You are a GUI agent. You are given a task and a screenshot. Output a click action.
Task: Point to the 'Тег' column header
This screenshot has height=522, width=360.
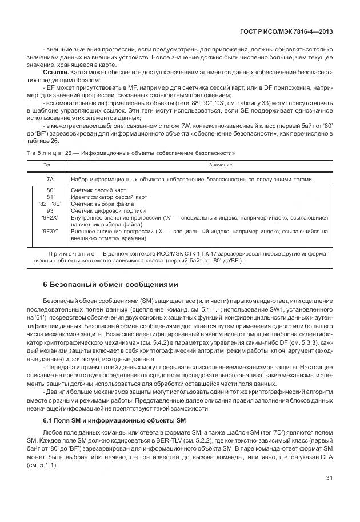[47, 165]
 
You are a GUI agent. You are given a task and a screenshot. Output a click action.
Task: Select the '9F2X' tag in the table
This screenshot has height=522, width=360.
[49, 218]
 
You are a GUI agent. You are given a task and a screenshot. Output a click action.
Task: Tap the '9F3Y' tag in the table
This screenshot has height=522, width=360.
[49, 231]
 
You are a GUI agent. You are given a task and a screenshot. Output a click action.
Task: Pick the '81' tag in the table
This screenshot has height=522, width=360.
[49, 197]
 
